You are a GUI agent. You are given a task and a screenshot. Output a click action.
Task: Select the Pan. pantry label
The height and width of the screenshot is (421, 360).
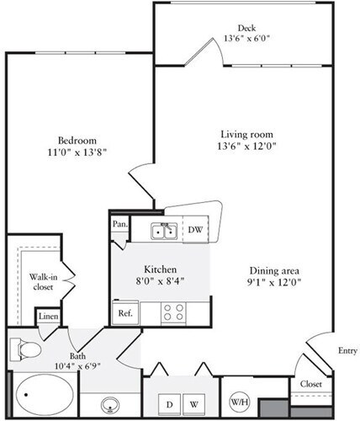(x=119, y=226)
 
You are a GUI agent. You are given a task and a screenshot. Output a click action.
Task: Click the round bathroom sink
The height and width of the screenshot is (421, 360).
(x=110, y=402)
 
